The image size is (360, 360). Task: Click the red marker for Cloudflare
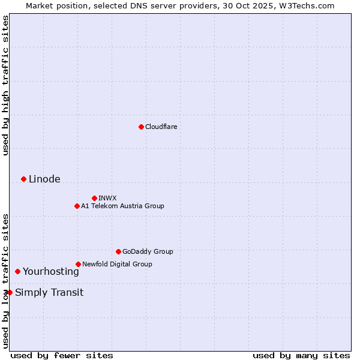tap(141, 127)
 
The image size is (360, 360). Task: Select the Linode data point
tap(23, 179)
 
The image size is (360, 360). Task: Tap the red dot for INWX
tap(94, 198)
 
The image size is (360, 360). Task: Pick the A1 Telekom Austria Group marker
tap(77, 206)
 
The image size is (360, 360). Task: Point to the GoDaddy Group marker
tap(118, 251)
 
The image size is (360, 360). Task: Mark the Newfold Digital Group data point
tap(78, 264)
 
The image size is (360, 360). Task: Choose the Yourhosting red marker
tap(17, 271)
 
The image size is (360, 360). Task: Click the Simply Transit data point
tap(10, 292)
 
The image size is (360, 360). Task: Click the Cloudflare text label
tap(161, 127)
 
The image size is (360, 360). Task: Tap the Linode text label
tap(44, 179)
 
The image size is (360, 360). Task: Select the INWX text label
tap(107, 198)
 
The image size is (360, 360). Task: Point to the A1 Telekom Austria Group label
tap(122, 206)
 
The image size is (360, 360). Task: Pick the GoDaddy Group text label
tap(148, 251)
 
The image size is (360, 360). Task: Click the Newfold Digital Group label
tap(117, 264)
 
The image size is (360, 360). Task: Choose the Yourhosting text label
tap(50, 271)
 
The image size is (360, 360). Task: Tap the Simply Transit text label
tap(49, 293)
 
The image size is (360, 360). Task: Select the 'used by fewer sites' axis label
tap(62, 355)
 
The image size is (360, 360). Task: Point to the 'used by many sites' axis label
tap(301, 355)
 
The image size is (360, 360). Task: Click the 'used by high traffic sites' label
tap(5, 85)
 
